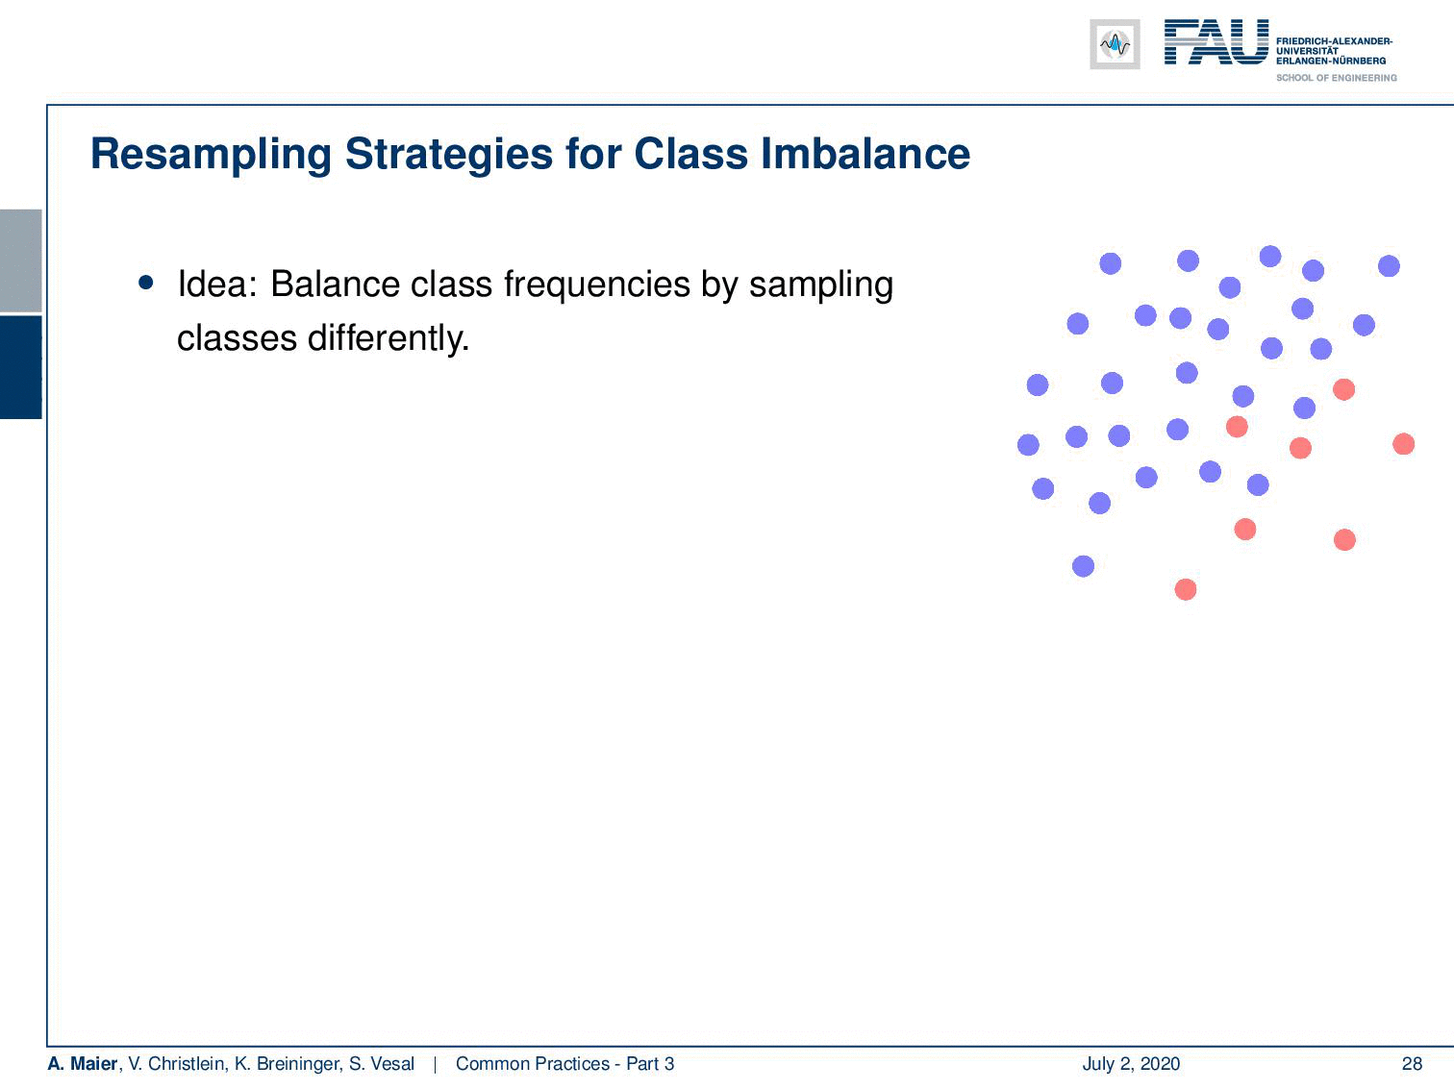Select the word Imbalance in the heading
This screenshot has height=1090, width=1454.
tap(865, 154)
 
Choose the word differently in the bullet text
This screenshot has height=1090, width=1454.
tap(389, 339)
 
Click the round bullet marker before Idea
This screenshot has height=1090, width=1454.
tap(146, 284)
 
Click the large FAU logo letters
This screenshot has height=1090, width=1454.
tap(1216, 42)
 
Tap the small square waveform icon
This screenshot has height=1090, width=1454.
tap(1115, 44)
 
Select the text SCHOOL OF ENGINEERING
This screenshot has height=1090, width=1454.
tap(1336, 78)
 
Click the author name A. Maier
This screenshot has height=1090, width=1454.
tap(83, 1063)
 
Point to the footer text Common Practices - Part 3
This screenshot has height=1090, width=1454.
tap(564, 1063)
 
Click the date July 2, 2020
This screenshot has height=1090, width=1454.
tap(1131, 1063)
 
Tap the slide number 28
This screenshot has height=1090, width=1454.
tap(1412, 1063)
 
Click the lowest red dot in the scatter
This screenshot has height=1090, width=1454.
tap(1186, 589)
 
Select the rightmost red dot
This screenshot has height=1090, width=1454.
tap(1404, 444)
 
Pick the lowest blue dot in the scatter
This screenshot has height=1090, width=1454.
tap(1083, 566)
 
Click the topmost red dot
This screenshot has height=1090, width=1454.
tap(1344, 389)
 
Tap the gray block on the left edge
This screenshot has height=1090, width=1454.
tap(20, 260)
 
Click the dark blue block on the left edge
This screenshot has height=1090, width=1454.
tap(20, 367)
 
